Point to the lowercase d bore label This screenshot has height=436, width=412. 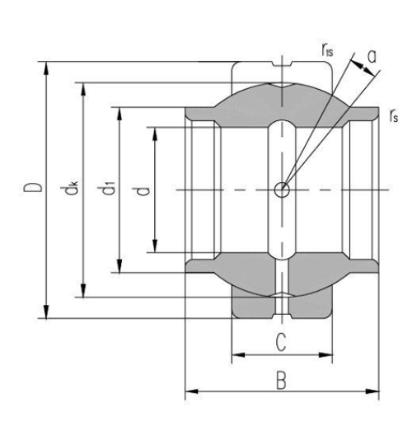point(143,190)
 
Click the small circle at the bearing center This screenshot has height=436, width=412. point(283,190)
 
